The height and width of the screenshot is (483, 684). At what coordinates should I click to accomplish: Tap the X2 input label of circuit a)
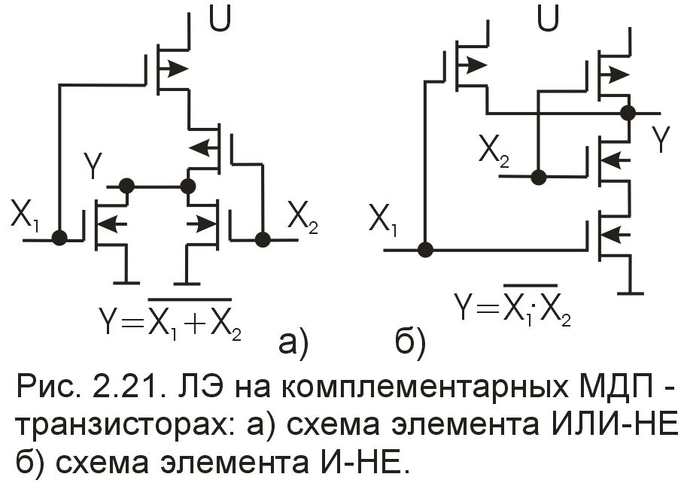click(x=302, y=219)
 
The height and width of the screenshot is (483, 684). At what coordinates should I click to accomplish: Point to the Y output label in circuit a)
click(x=91, y=167)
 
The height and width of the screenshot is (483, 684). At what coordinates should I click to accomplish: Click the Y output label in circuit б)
click(x=659, y=140)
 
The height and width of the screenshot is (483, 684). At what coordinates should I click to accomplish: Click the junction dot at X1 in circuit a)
click(x=59, y=238)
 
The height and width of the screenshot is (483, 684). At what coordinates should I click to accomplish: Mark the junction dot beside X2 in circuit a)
click(x=262, y=239)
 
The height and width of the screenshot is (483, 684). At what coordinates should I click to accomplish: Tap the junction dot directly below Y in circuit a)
click(x=127, y=185)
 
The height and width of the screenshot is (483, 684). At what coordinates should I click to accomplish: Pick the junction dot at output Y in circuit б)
click(x=628, y=114)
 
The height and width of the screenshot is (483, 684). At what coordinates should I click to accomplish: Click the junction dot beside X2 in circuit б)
click(x=538, y=177)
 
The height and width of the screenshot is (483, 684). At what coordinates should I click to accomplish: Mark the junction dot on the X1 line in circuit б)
click(x=426, y=249)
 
